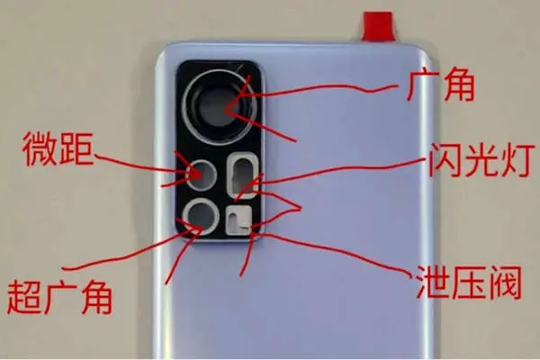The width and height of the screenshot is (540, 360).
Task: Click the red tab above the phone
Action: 378,26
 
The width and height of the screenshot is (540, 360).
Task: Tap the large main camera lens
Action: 220,107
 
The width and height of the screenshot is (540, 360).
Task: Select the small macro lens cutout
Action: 202,175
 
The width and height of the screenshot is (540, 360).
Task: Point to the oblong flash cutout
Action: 244,176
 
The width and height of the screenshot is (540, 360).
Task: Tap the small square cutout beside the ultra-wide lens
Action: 238,220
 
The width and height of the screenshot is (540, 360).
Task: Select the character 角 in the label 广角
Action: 459,85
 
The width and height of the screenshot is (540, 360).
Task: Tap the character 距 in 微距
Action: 76,148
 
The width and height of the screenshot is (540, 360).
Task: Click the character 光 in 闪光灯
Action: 479,160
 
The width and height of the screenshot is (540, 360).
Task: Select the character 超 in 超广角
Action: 23,297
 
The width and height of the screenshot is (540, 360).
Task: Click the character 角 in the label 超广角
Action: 96,297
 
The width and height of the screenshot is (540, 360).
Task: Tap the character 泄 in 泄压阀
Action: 433,282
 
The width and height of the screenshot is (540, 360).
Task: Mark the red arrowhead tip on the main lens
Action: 227,111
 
